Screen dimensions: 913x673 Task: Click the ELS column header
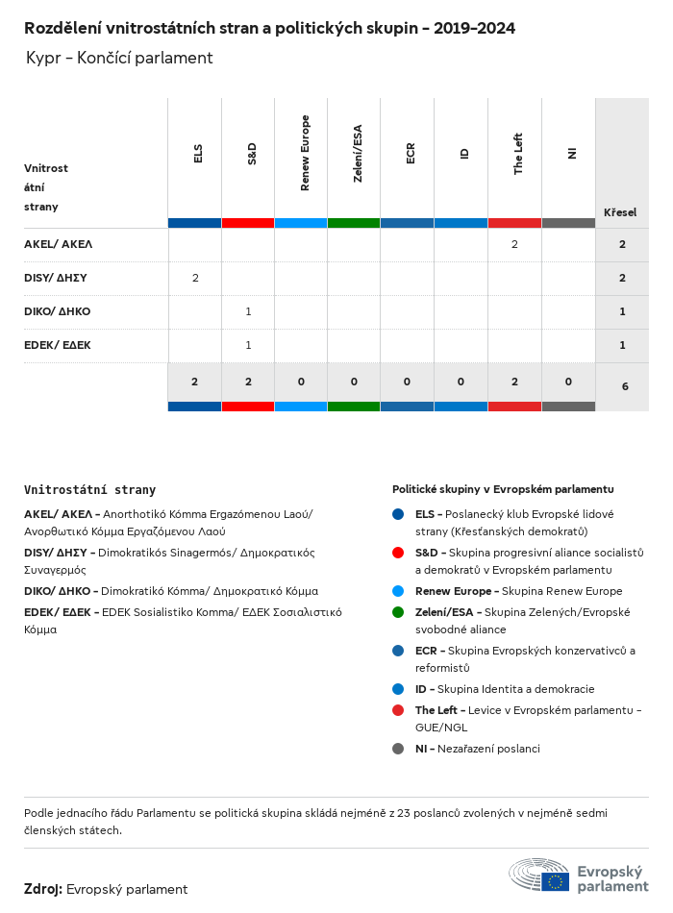click(198, 153)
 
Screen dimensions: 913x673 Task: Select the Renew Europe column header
click(305, 153)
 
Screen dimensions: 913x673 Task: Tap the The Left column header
click(518, 154)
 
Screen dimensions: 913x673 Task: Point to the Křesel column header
click(620, 212)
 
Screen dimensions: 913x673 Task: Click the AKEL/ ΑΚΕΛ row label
click(58, 244)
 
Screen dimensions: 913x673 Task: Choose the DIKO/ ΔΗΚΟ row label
click(57, 311)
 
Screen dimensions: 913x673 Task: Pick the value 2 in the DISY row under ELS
click(195, 278)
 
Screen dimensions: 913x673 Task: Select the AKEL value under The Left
click(514, 244)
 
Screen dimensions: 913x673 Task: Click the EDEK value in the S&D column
click(248, 345)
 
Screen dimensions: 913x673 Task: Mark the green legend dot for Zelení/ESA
click(398, 612)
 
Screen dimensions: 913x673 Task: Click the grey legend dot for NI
click(398, 749)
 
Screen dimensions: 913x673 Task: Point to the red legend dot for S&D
click(398, 553)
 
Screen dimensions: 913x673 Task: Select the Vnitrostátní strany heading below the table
click(89, 490)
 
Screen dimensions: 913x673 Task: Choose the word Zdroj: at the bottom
click(43, 889)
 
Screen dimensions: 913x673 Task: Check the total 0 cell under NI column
click(568, 382)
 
